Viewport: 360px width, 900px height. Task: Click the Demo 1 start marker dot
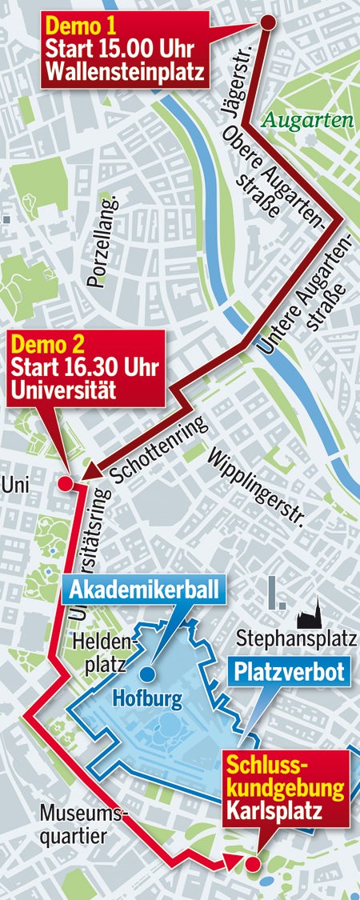[x=267, y=22]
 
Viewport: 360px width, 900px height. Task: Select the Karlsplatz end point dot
[x=252, y=863]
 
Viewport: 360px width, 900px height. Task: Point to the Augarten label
[x=308, y=122]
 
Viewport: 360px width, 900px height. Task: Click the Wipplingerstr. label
[x=257, y=490]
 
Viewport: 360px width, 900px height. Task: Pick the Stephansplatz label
[x=297, y=638]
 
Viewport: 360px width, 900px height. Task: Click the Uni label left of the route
[x=15, y=484]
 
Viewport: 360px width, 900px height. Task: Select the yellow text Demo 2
[x=49, y=346]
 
